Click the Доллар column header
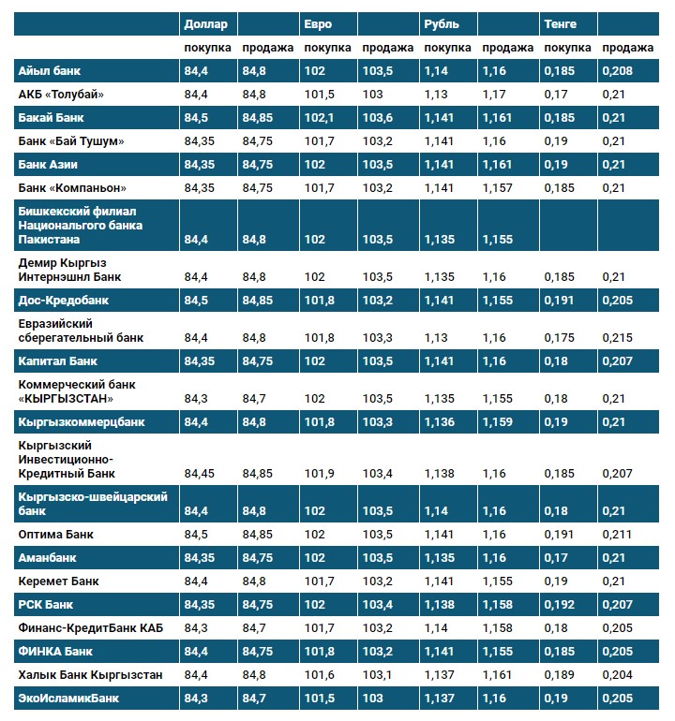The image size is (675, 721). pos(204,23)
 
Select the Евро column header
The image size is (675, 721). pos(319,23)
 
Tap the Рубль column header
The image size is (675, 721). pos(442,23)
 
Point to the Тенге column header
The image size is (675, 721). pos(561,23)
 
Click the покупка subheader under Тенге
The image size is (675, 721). pos(567,48)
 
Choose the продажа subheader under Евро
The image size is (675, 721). pos(387,48)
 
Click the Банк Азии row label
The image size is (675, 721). pos(52,164)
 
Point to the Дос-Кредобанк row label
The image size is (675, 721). pos(64,301)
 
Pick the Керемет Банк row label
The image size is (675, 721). pos(58,581)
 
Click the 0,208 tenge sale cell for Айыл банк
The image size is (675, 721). pos(619,71)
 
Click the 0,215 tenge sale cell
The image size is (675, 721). pos(619,337)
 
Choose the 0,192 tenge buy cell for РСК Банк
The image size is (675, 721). pos(560,604)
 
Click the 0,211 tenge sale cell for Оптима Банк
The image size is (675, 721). pos(619,534)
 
